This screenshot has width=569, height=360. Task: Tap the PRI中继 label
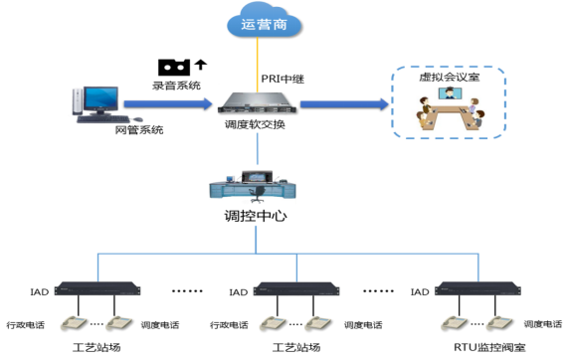283,79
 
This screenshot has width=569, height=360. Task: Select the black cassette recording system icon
174,68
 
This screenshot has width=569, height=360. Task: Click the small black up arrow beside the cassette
201,65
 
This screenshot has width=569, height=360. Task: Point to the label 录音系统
176,86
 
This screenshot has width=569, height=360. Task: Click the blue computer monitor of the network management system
100,99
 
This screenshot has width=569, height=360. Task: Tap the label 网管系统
139,130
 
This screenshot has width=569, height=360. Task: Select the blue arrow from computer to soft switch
168,104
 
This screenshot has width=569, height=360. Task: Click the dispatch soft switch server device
257,103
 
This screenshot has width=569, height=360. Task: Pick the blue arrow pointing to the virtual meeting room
344,104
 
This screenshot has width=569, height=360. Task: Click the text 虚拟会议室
450,77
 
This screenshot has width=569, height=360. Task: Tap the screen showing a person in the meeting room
450,93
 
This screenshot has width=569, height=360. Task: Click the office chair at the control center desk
258,194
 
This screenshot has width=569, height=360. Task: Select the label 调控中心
256,216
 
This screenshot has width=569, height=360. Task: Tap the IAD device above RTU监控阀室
477,288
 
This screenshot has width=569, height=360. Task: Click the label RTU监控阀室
489,348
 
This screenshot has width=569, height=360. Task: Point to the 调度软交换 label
255,124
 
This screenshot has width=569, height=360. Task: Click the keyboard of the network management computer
103,119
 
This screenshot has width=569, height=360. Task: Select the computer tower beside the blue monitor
78,101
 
